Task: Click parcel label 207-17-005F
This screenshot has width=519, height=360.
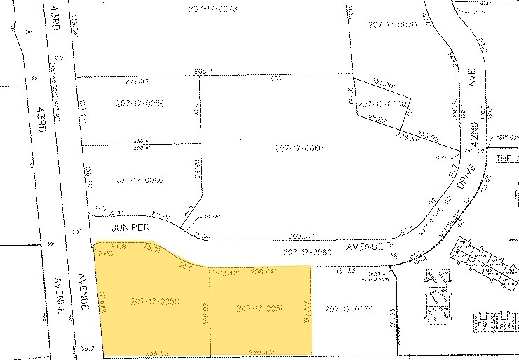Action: coord(260,308)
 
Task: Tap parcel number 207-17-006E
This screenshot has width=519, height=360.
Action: coord(140,103)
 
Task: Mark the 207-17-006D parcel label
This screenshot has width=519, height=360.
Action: coord(140,180)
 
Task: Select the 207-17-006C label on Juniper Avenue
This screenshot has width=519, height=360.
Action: coord(306,251)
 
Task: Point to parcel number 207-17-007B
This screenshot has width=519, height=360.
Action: coord(213,8)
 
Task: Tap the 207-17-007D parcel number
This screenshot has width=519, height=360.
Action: coord(392,25)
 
